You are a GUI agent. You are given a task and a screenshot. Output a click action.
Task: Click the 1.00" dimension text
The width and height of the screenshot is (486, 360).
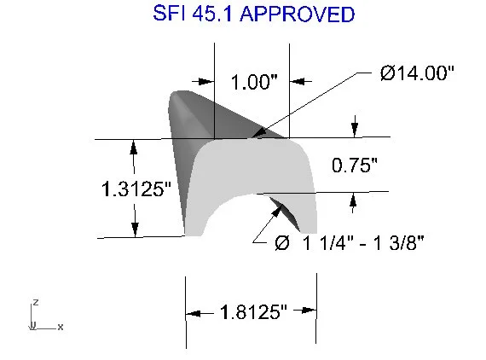point(255,82)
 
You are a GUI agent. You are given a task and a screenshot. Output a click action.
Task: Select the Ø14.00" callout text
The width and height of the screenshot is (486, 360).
point(418,73)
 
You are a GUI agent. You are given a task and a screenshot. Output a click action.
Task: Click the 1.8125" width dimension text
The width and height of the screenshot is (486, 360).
point(252,312)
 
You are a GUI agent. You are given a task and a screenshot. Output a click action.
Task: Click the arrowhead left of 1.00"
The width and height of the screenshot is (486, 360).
point(205,81)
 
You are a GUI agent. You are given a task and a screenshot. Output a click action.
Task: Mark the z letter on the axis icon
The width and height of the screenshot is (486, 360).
point(35,302)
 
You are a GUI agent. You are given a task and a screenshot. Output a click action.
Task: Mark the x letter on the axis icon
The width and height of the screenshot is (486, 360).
point(61,327)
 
